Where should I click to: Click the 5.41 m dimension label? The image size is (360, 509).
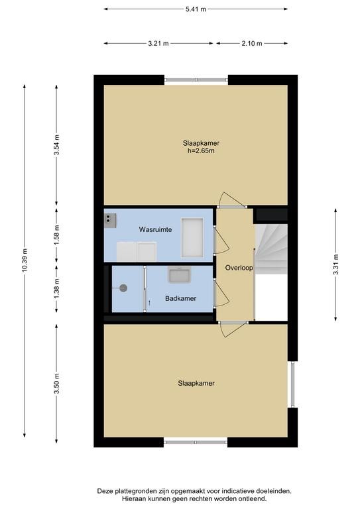(196, 9)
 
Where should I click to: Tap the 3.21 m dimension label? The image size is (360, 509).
(158, 44)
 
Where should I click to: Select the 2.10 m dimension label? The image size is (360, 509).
(251, 44)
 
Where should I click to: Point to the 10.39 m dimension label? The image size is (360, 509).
(25, 260)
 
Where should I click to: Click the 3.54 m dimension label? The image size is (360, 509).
(57, 145)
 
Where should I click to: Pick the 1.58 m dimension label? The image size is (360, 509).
(57, 236)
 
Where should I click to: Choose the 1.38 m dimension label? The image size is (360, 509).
(57, 289)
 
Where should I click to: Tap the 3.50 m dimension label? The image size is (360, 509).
(57, 384)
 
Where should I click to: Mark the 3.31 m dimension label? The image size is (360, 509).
(336, 265)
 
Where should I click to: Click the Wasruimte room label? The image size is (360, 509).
(156, 229)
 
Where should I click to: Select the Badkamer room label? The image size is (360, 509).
(181, 298)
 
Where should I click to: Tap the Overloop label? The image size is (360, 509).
(239, 268)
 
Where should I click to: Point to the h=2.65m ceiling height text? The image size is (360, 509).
(201, 150)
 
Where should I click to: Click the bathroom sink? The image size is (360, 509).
(179, 274)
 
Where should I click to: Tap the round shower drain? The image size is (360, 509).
(123, 288)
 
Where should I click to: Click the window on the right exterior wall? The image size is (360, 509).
(292, 384)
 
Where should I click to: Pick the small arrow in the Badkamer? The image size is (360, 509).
(149, 302)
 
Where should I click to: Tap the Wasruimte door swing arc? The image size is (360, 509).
(225, 241)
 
